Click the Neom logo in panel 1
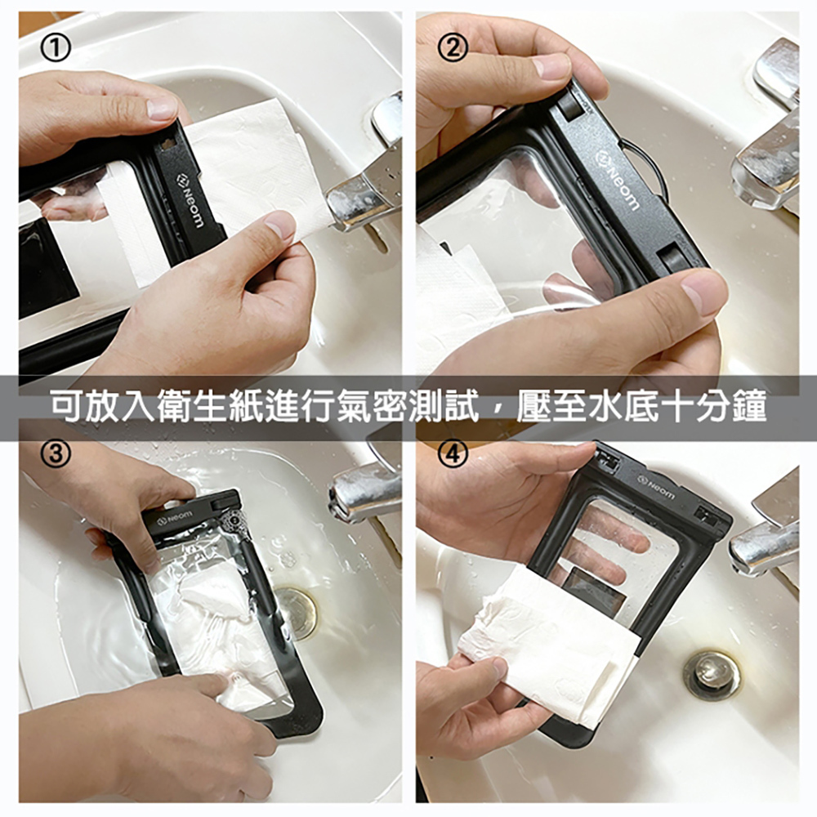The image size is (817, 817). (x=187, y=196)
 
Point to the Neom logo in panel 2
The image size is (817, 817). (x=618, y=185)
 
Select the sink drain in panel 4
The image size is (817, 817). (x=712, y=674)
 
